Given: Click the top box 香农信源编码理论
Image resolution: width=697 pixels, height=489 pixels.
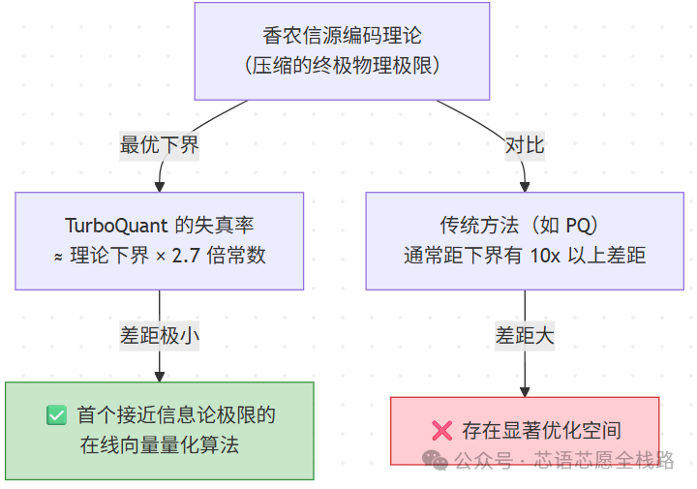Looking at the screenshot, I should (342, 50).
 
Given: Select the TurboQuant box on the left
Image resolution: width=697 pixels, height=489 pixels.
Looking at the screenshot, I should (160, 240).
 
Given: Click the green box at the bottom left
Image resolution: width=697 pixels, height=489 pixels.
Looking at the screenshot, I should (160, 430).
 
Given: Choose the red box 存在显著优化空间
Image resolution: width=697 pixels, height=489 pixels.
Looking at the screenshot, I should (524, 431).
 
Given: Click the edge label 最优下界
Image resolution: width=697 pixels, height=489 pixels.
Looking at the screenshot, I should (160, 145).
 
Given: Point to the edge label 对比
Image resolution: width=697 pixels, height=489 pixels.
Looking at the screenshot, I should (525, 145).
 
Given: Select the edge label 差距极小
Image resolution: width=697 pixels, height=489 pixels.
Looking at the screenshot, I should (160, 335).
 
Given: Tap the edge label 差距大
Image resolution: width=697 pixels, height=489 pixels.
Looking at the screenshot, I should (525, 335).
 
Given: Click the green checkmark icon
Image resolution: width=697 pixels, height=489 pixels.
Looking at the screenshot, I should (56, 415).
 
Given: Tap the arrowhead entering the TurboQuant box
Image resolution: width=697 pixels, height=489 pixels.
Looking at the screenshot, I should (160, 185).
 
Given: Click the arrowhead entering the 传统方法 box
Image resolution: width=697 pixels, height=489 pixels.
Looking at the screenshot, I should (525, 185).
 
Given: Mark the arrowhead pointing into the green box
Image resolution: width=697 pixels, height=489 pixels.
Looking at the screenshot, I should (160, 375).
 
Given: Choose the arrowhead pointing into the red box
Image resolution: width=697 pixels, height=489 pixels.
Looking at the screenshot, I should (525, 389).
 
